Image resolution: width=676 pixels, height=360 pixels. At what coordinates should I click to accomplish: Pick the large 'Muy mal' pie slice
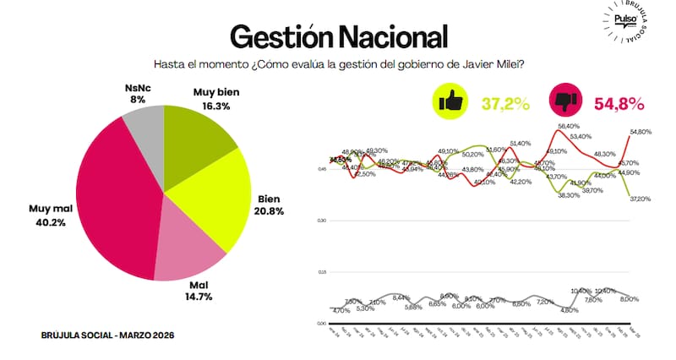pyautogui.click(x=114, y=203)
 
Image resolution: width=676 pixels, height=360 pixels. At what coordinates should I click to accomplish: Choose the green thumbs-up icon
pyautogui.click(x=450, y=102)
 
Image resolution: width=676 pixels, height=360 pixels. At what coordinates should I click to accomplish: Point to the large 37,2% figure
pyautogui.click(x=505, y=104)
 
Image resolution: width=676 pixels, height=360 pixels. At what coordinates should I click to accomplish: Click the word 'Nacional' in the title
pyautogui.click(x=390, y=36)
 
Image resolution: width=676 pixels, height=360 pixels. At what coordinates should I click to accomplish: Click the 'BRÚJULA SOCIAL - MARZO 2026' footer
pyautogui.click(x=107, y=335)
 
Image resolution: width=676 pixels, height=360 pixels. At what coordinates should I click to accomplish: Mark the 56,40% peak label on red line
pyautogui.click(x=570, y=127)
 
